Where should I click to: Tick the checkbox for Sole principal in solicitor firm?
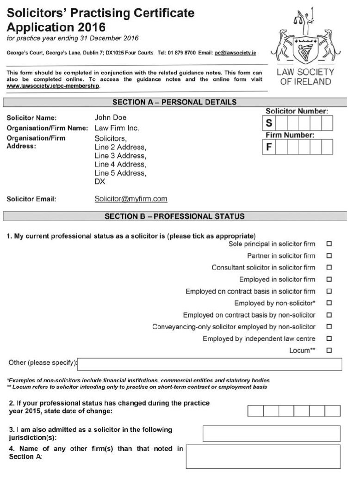coord(329,244)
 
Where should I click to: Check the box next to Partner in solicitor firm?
coord(329,256)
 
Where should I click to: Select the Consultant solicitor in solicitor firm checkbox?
coord(329,268)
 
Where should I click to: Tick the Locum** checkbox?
coord(329,350)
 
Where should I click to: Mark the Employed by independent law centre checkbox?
coord(329,339)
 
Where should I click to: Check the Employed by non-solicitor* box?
coord(329,303)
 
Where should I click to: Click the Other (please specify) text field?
coord(210,364)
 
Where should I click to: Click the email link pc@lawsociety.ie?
coord(236,53)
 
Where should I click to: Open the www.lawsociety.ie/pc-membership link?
coord(53,86)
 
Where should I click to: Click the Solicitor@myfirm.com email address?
coord(130,199)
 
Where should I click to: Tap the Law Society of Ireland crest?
coord(304,38)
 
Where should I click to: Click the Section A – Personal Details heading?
coord(174,102)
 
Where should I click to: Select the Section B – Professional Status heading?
coord(174,216)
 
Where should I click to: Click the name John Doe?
coord(110,117)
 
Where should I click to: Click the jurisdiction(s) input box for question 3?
coord(271,433)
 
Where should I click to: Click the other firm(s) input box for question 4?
coord(263,456)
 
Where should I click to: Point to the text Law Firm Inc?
coord(117,128)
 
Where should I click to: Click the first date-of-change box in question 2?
coord(255,411)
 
